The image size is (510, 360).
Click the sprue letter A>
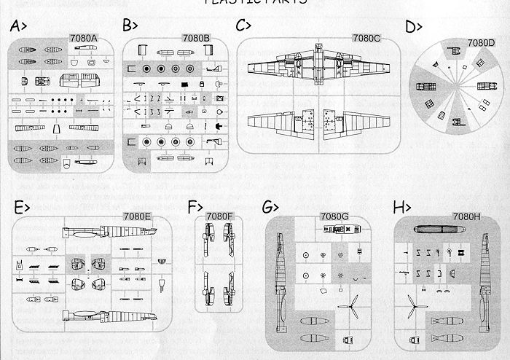tap(20, 27)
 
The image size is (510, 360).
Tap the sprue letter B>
tap(131, 26)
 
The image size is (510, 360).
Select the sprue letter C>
tap(245, 26)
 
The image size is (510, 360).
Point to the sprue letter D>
tap(415, 27)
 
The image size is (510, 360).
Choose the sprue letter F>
tap(193, 207)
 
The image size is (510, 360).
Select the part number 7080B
tap(196, 38)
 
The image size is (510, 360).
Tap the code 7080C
tap(366, 37)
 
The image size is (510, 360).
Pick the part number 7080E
tap(137, 216)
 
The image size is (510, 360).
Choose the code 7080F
tap(219, 216)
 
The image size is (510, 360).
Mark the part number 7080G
tap(334, 216)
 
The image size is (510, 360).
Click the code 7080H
tap(467, 216)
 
